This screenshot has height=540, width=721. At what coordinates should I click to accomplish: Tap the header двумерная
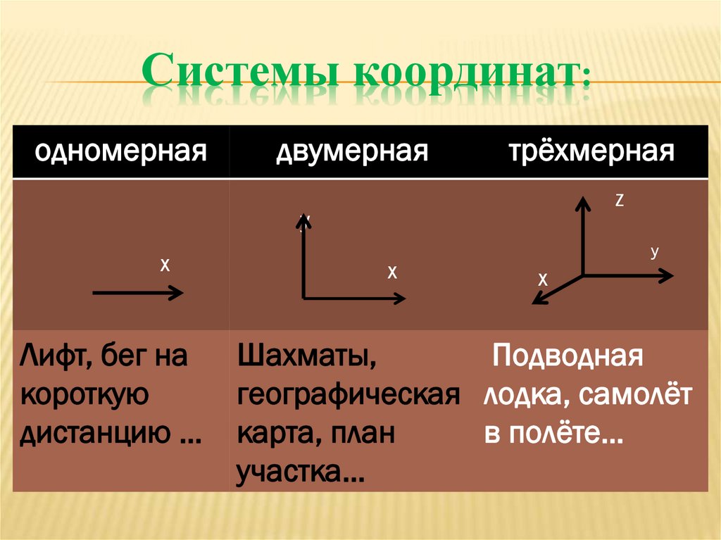(x=351, y=151)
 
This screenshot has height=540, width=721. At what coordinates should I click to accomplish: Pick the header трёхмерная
(x=591, y=151)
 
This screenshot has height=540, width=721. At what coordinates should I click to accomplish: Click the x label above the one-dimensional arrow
(x=165, y=265)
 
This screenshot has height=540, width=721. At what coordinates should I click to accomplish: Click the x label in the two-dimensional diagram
(x=392, y=272)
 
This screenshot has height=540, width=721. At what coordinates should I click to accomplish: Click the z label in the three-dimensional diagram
(x=620, y=201)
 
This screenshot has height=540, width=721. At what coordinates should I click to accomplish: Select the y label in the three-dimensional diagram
(x=654, y=252)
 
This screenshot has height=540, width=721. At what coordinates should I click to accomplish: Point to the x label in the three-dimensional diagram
(x=543, y=280)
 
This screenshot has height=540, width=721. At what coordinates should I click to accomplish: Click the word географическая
(x=349, y=396)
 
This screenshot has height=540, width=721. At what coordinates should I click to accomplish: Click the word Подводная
(x=568, y=356)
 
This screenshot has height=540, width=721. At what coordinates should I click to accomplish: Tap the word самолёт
(x=636, y=396)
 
